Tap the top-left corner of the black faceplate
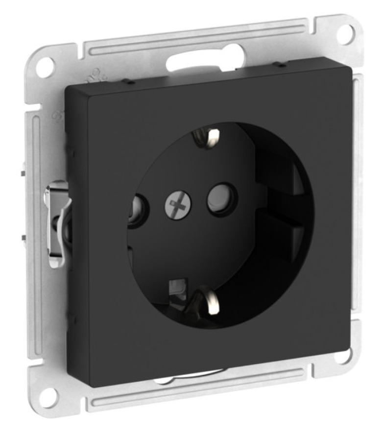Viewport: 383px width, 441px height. pos(68,87)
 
